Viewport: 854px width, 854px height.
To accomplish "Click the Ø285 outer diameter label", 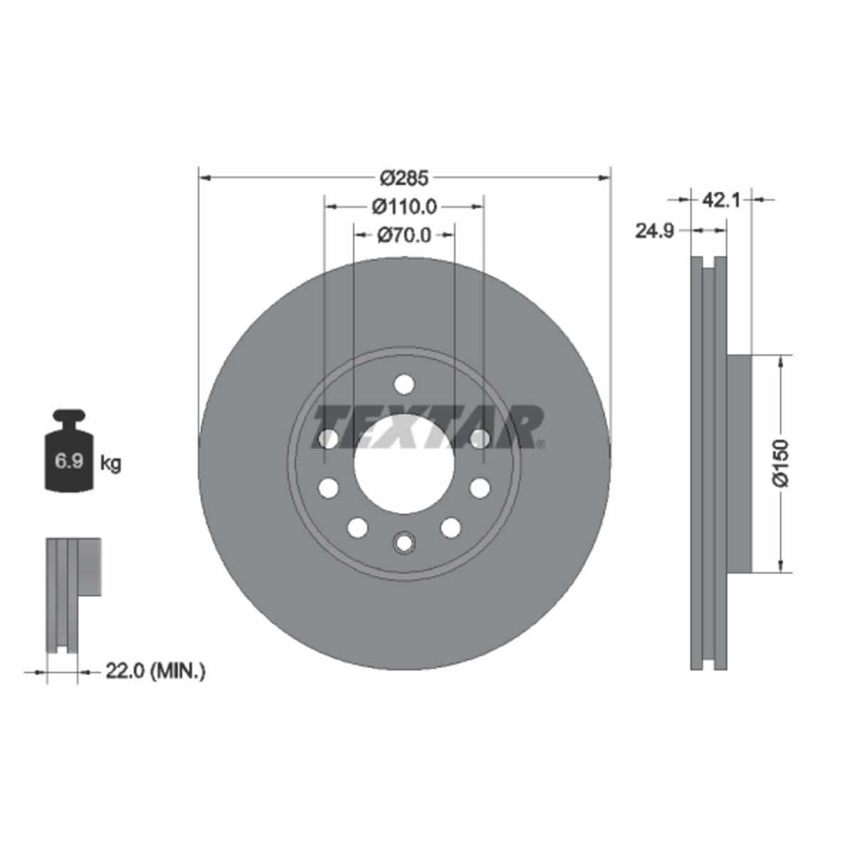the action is click(405, 178).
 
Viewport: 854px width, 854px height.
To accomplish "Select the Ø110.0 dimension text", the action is click(404, 206).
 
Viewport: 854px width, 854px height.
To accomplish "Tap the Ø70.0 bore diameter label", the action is click(404, 236).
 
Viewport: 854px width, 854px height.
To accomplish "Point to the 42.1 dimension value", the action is click(721, 201).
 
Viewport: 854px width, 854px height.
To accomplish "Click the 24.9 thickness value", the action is click(654, 231).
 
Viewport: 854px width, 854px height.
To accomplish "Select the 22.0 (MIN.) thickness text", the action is click(155, 684).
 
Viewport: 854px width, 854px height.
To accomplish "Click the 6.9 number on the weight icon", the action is click(69, 461).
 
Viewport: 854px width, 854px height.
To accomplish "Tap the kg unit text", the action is click(111, 463).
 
